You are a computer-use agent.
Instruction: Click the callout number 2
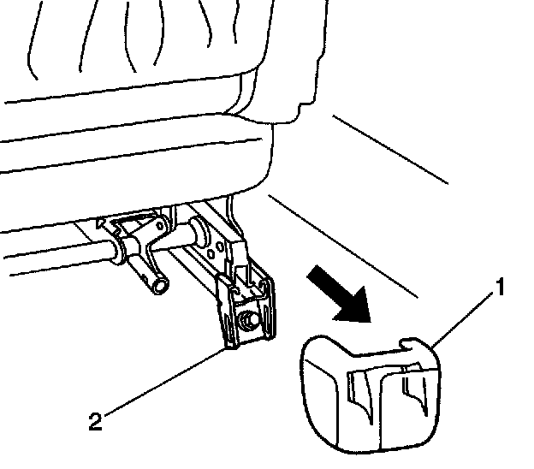tap(97, 420)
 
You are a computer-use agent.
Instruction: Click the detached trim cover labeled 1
tap(368, 394)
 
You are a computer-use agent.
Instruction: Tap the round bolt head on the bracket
tap(250, 320)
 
